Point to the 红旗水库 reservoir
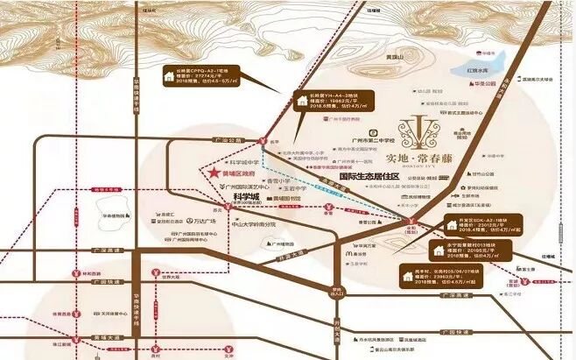(477, 72)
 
